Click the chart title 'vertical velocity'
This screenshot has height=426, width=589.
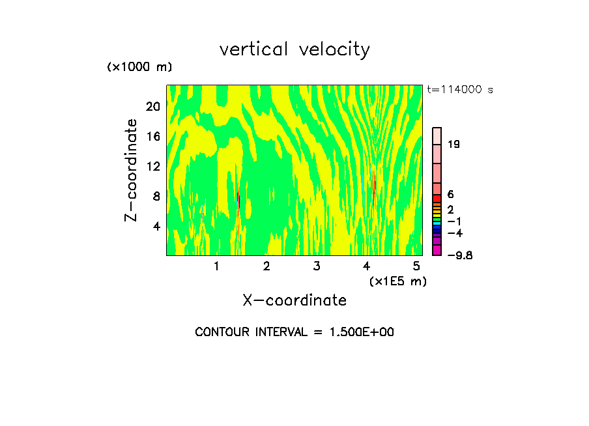pyautogui.click(x=294, y=50)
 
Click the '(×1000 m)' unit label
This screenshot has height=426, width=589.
pyautogui.click(x=139, y=68)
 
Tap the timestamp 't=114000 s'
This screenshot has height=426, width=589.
pyautogui.click(x=460, y=89)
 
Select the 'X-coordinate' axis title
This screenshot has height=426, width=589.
pyautogui.click(x=294, y=300)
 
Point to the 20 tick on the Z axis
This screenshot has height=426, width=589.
pyautogui.click(x=152, y=106)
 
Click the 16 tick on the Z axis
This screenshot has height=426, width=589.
pyautogui.click(x=152, y=136)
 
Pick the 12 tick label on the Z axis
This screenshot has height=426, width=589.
pyautogui.click(x=152, y=166)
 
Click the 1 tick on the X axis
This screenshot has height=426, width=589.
pyautogui.click(x=216, y=266)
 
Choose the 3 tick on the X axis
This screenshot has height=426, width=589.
pyautogui.click(x=316, y=266)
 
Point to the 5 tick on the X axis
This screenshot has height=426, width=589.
pyautogui.click(x=416, y=266)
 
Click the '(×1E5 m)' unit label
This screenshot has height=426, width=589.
pyautogui.click(x=397, y=281)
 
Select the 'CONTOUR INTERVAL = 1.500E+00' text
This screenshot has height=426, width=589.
pyautogui.click(x=294, y=332)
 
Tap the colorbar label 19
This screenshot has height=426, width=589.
pyautogui.click(x=454, y=145)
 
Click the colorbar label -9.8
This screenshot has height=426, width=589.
pyautogui.click(x=460, y=255)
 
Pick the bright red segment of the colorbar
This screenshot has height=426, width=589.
pyautogui.click(x=437, y=199)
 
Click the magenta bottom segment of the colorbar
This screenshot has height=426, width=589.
pyautogui.click(x=437, y=250)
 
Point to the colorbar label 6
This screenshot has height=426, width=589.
pyautogui.click(x=450, y=195)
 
